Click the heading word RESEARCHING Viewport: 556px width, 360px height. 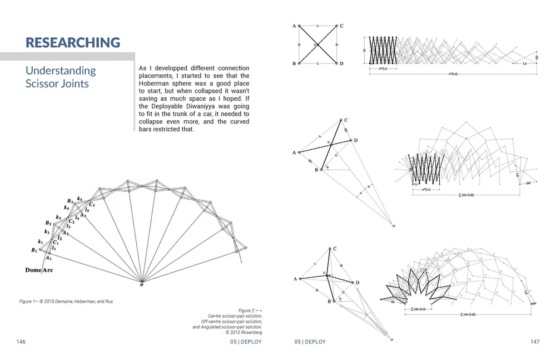pos(73,42)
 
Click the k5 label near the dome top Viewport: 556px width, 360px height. pos(80,199)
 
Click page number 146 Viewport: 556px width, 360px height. pos(21,342)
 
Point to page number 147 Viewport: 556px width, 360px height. pos(535,342)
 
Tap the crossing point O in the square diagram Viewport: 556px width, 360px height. pos(315,45)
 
